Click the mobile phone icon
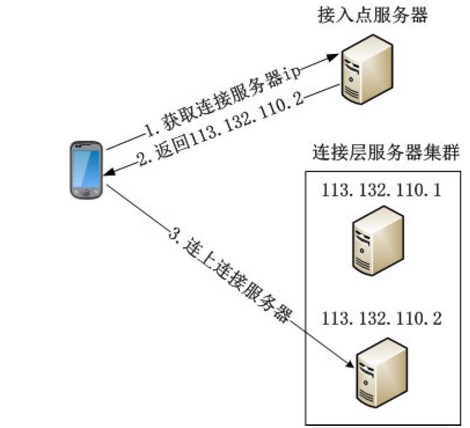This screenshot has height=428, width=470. pyautogui.click(x=86, y=170)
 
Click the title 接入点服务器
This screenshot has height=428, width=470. pyautogui.click(x=373, y=16)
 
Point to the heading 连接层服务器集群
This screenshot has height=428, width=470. pyautogui.click(x=386, y=153)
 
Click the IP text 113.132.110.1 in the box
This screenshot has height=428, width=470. pyautogui.click(x=381, y=191)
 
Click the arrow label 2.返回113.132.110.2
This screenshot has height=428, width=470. pyautogui.click(x=218, y=127)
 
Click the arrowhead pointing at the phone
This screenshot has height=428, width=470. pyautogui.click(x=107, y=172)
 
